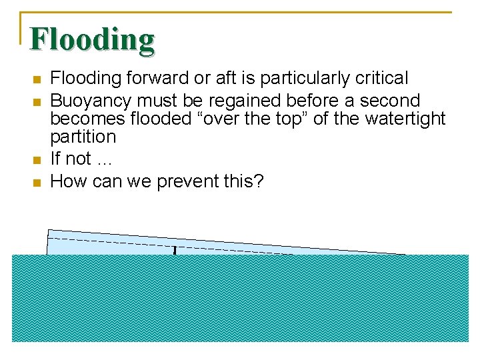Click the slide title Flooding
(92, 40)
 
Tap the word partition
(83, 137)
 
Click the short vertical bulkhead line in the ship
(175, 251)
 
